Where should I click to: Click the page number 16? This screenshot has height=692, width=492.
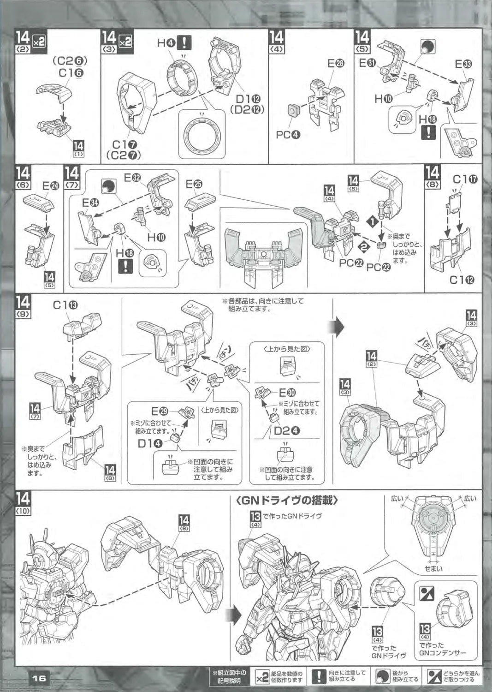tap(39, 678)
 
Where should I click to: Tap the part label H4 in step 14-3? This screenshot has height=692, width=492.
tap(166, 43)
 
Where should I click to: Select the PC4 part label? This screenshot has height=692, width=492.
tap(288, 135)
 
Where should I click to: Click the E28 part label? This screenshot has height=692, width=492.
tap(336, 64)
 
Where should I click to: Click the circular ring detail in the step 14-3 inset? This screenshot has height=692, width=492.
tap(202, 136)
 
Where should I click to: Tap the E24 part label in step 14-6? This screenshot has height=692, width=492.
tap(51, 185)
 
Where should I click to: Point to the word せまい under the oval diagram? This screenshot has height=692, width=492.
tap(433, 569)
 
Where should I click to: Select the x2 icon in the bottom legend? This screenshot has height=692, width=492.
tap(262, 676)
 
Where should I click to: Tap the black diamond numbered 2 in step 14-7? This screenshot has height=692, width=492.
tap(364, 247)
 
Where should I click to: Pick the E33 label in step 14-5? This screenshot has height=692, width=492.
tap(464, 64)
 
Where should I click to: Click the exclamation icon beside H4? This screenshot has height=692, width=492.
tap(184, 43)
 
